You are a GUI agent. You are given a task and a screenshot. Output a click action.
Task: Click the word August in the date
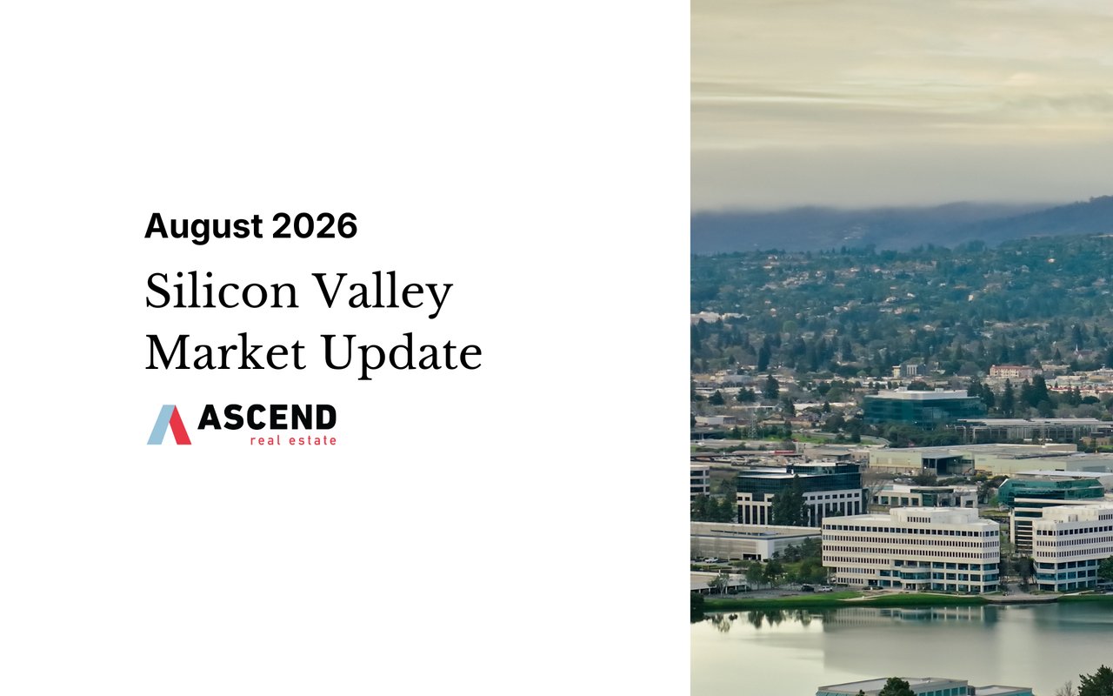click(203, 227)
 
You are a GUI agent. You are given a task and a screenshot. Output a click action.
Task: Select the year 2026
click(315, 226)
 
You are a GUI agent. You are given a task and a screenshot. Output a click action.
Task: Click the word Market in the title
click(225, 352)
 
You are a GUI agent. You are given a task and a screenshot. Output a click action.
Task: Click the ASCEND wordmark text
click(267, 417)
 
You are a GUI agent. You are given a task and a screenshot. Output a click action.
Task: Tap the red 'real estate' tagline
click(293, 440)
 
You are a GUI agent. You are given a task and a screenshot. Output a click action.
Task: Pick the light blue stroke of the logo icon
click(159, 425)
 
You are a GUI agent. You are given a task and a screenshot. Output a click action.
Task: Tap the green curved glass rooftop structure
click(1051, 490)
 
